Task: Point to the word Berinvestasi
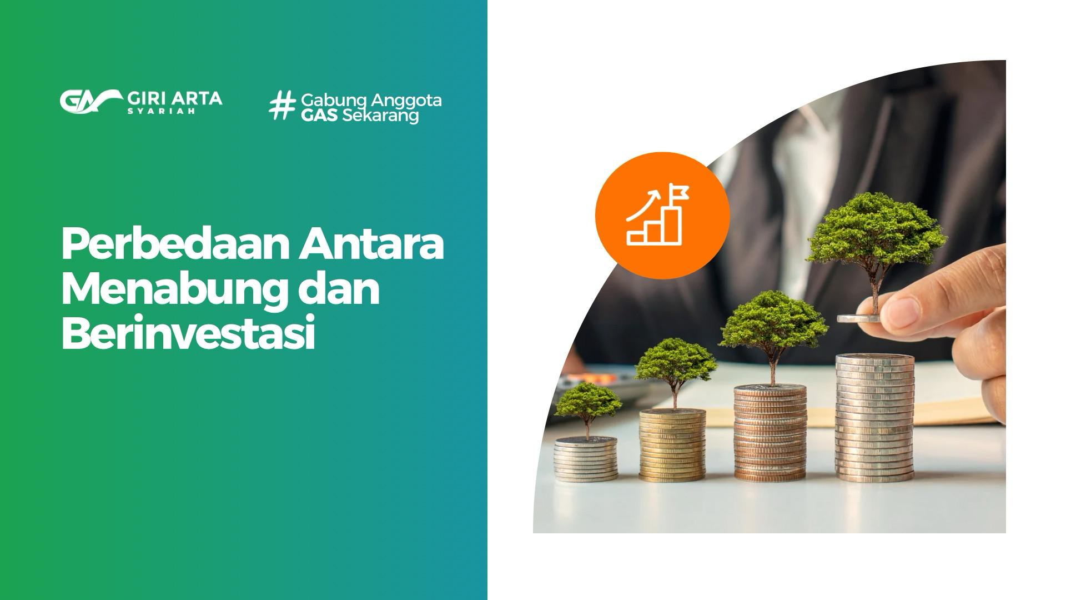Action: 188,333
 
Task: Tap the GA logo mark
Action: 90,101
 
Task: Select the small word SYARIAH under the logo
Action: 161,111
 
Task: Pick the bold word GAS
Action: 320,116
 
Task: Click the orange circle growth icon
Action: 662,216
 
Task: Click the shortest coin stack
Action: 586,458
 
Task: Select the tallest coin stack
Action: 874,417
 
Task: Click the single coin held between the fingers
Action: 858,318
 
